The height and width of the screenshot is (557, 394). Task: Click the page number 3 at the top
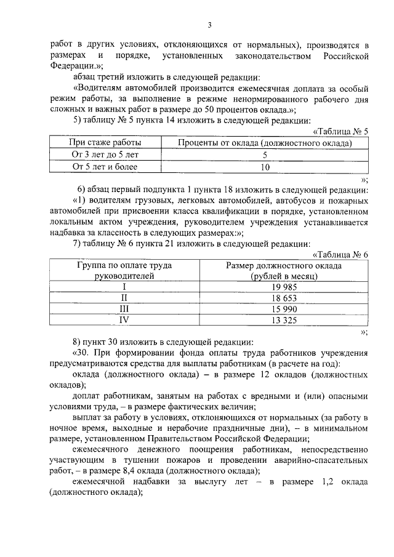(x=209, y=25)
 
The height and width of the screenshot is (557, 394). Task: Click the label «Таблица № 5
(x=340, y=132)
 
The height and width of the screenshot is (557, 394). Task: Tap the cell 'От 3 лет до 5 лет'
(x=105, y=155)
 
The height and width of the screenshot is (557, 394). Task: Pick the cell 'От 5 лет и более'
(x=105, y=167)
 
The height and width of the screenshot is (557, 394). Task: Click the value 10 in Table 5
(x=265, y=167)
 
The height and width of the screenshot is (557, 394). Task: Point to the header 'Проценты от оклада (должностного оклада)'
(x=265, y=143)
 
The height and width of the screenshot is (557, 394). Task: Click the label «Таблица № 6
(x=340, y=255)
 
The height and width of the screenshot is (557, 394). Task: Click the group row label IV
(x=124, y=319)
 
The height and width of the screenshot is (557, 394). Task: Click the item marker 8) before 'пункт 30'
(x=77, y=342)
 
